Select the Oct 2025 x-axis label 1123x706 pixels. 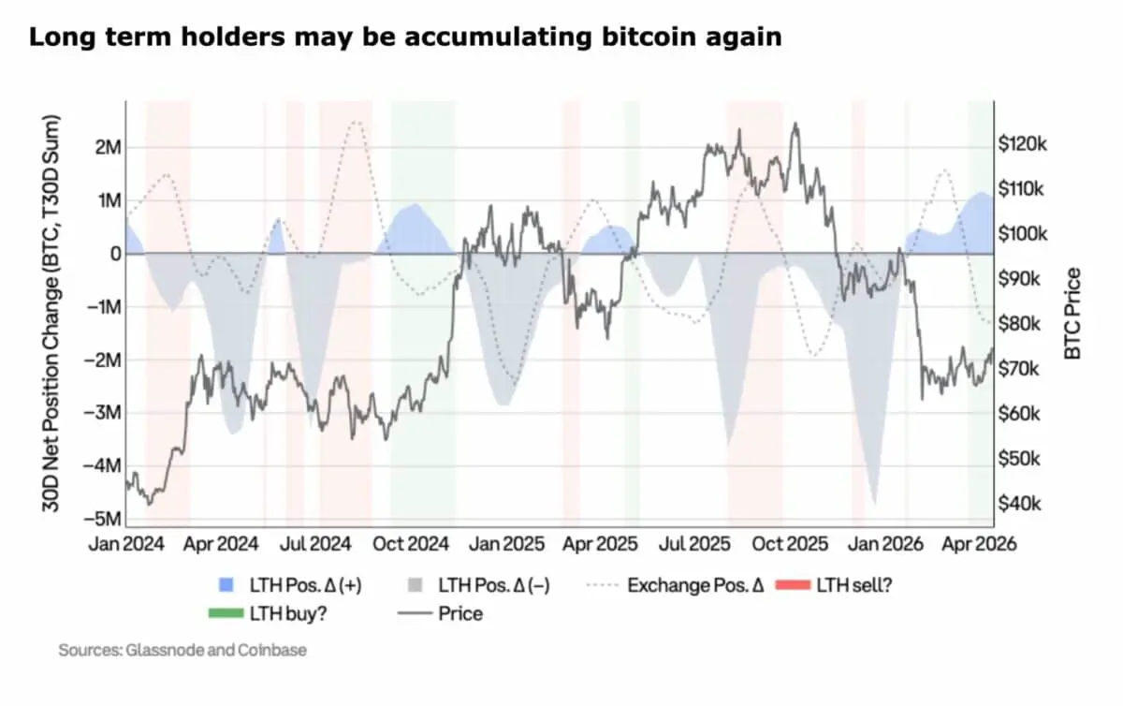click(792, 544)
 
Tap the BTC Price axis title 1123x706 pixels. click(1073, 314)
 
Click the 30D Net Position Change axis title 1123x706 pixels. click(51, 314)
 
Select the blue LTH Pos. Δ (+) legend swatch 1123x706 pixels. click(225, 586)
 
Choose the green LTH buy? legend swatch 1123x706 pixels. click(225, 614)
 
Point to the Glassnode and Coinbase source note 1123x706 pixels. click(182, 649)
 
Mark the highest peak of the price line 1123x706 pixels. click(795, 124)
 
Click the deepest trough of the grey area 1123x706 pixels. click(875, 504)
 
